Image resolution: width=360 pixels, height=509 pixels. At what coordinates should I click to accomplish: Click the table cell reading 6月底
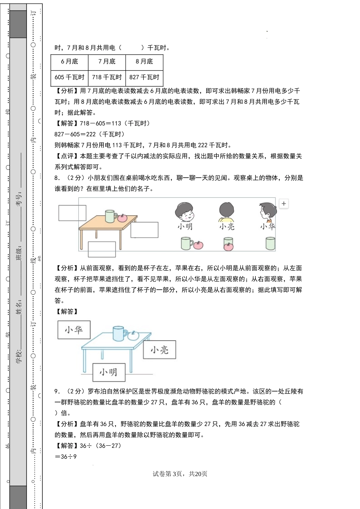point(69,62)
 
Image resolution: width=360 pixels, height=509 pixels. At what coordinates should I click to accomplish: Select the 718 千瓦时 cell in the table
point(107,78)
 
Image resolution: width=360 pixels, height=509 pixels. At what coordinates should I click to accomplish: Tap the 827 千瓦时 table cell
point(144,78)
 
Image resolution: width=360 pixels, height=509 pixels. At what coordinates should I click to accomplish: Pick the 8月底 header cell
point(144,62)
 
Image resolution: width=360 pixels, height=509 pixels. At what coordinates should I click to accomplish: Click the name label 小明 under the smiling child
point(185,226)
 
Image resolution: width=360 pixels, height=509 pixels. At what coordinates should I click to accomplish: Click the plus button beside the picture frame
point(284,203)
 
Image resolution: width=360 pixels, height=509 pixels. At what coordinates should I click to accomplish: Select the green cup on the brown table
point(110,216)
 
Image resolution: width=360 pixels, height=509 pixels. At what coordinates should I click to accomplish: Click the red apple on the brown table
point(122,218)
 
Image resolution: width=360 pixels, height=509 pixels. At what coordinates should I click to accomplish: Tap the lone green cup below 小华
point(270,244)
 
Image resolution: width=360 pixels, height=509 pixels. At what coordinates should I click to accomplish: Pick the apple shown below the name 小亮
point(228,247)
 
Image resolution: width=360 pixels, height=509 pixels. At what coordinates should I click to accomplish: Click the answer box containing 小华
point(74,330)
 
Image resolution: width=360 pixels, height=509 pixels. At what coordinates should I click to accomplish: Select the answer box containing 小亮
point(160,350)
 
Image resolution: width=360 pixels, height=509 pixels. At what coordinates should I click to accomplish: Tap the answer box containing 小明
point(109,372)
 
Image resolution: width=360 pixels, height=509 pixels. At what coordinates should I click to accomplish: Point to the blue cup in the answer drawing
point(119,334)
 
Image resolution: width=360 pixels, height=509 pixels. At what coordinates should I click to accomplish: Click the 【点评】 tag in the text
point(67,156)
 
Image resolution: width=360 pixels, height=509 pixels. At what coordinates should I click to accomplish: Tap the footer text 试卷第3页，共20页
point(180,474)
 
